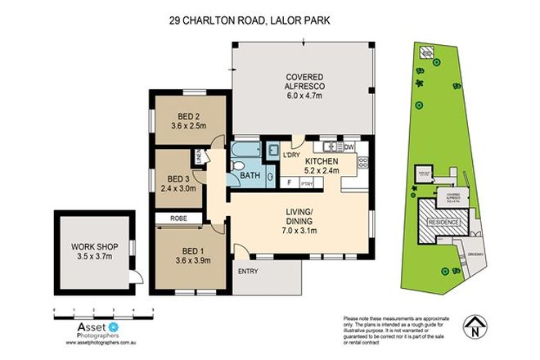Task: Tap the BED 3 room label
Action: click(x=178, y=178)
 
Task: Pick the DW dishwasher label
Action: click(x=349, y=146)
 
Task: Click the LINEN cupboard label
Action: click(x=199, y=155)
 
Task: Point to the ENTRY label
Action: click(x=247, y=272)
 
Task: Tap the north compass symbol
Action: click(x=474, y=329)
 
